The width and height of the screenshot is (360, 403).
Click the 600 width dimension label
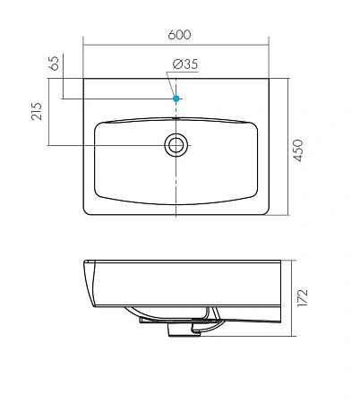[x=178, y=34]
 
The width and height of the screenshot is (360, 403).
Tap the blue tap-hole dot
[x=176, y=98]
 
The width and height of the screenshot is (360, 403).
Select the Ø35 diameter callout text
[x=182, y=64]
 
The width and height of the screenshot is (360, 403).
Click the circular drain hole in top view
[x=176, y=144]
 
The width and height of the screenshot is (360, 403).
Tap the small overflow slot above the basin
[x=176, y=116]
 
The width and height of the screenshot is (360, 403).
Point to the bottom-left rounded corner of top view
[x=87, y=212]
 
